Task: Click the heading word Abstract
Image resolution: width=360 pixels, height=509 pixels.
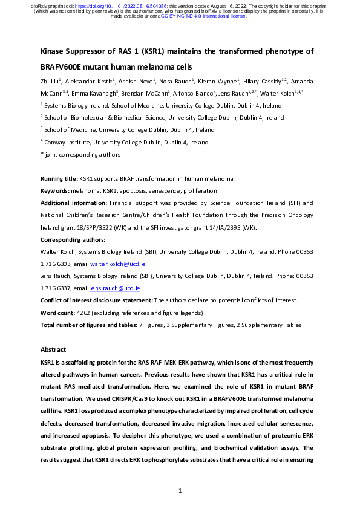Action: coord(53,349)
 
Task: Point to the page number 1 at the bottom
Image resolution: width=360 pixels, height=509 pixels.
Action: coord(180,490)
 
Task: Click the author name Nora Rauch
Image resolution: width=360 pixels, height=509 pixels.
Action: coord(176,81)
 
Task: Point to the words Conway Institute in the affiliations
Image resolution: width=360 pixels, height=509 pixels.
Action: coord(68,142)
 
